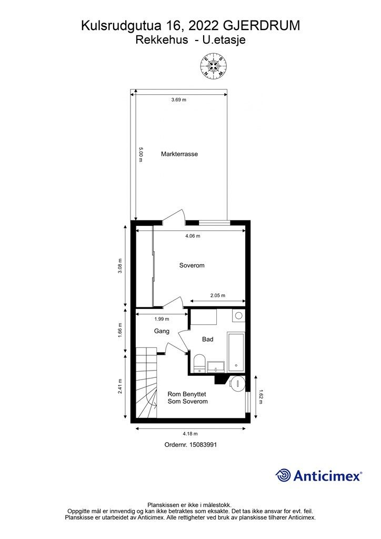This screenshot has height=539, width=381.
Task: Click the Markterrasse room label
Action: [179, 154]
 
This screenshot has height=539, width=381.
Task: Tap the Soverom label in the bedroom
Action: [192, 265]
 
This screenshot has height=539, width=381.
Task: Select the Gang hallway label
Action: [162, 331]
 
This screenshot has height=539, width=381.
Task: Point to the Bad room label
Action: [207, 340]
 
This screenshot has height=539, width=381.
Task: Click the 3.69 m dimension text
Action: [178, 100]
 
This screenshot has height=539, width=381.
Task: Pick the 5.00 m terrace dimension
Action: [141, 155]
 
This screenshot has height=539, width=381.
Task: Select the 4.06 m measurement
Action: [193, 236]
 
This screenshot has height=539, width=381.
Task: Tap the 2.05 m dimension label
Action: [218, 295]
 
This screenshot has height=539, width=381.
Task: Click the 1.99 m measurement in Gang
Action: [162, 319]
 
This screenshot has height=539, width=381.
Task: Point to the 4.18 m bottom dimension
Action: [190, 434]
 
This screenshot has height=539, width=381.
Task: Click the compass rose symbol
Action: [213, 65]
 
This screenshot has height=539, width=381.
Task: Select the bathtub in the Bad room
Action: [236, 352]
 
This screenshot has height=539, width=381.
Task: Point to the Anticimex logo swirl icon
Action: [283, 476]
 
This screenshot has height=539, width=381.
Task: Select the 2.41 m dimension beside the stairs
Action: [120, 386]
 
